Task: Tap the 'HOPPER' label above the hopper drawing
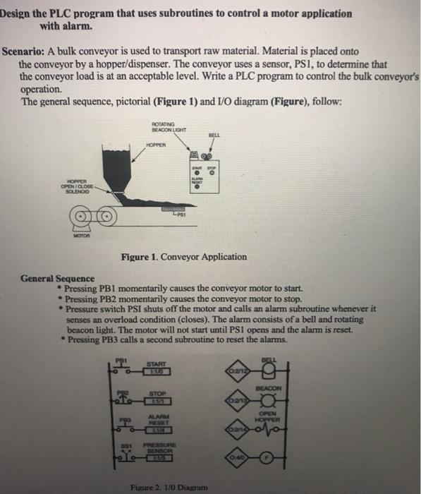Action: click(155, 145)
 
